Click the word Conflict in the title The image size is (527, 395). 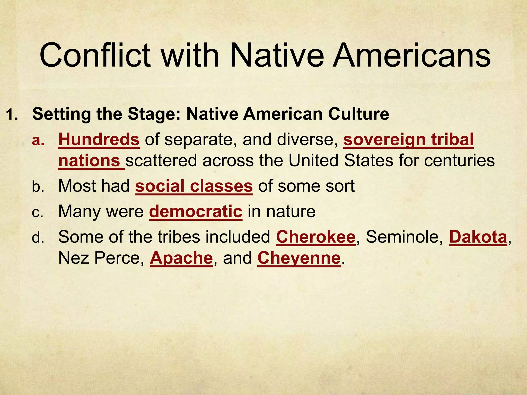(x=95, y=56)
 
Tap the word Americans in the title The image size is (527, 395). (x=411, y=56)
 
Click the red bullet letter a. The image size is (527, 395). (x=38, y=140)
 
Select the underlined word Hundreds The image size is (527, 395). (x=99, y=140)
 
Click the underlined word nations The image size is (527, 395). (x=89, y=161)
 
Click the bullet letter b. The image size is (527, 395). (x=38, y=186)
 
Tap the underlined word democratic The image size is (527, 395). (x=196, y=211)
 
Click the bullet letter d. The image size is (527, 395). (x=38, y=237)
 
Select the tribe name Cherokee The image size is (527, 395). (x=315, y=237)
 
